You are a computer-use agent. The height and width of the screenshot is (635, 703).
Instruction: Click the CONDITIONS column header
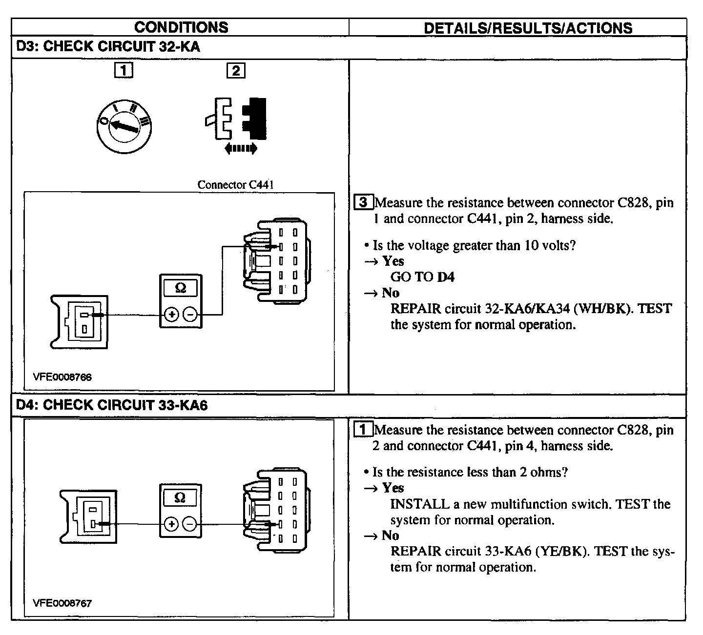[181, 27]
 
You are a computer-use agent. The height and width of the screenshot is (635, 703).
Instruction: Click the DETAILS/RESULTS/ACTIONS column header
[528, 28]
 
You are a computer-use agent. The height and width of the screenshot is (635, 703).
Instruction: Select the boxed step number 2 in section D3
[236, 70]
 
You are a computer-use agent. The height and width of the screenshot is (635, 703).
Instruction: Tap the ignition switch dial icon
[124, 126]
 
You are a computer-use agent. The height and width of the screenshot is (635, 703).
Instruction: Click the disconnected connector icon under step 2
[236, 119]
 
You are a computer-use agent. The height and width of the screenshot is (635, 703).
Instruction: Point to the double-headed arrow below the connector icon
[241, 148]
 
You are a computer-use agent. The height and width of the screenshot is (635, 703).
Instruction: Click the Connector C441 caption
[235, 184]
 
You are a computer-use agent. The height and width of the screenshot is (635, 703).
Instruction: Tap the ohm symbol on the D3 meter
[181, 288]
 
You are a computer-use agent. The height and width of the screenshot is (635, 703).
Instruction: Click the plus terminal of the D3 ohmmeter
[171, 315]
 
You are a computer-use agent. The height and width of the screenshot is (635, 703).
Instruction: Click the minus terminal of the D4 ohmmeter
[189, 524]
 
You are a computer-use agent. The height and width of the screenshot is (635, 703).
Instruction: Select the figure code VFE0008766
[62, 377]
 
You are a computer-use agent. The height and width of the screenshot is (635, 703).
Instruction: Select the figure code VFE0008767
[62, 603]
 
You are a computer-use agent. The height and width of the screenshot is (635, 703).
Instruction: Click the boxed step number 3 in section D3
[363, 202]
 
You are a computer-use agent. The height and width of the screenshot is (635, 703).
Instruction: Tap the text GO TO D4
[422, 277]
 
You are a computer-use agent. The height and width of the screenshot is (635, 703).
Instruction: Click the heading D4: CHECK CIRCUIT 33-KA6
[112, 405]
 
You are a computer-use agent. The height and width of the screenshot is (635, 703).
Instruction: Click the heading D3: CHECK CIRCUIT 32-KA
[108, 46]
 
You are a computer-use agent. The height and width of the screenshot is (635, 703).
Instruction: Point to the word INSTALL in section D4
[420, 504]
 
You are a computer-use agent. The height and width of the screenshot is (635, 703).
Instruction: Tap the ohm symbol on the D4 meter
[180, 497]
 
